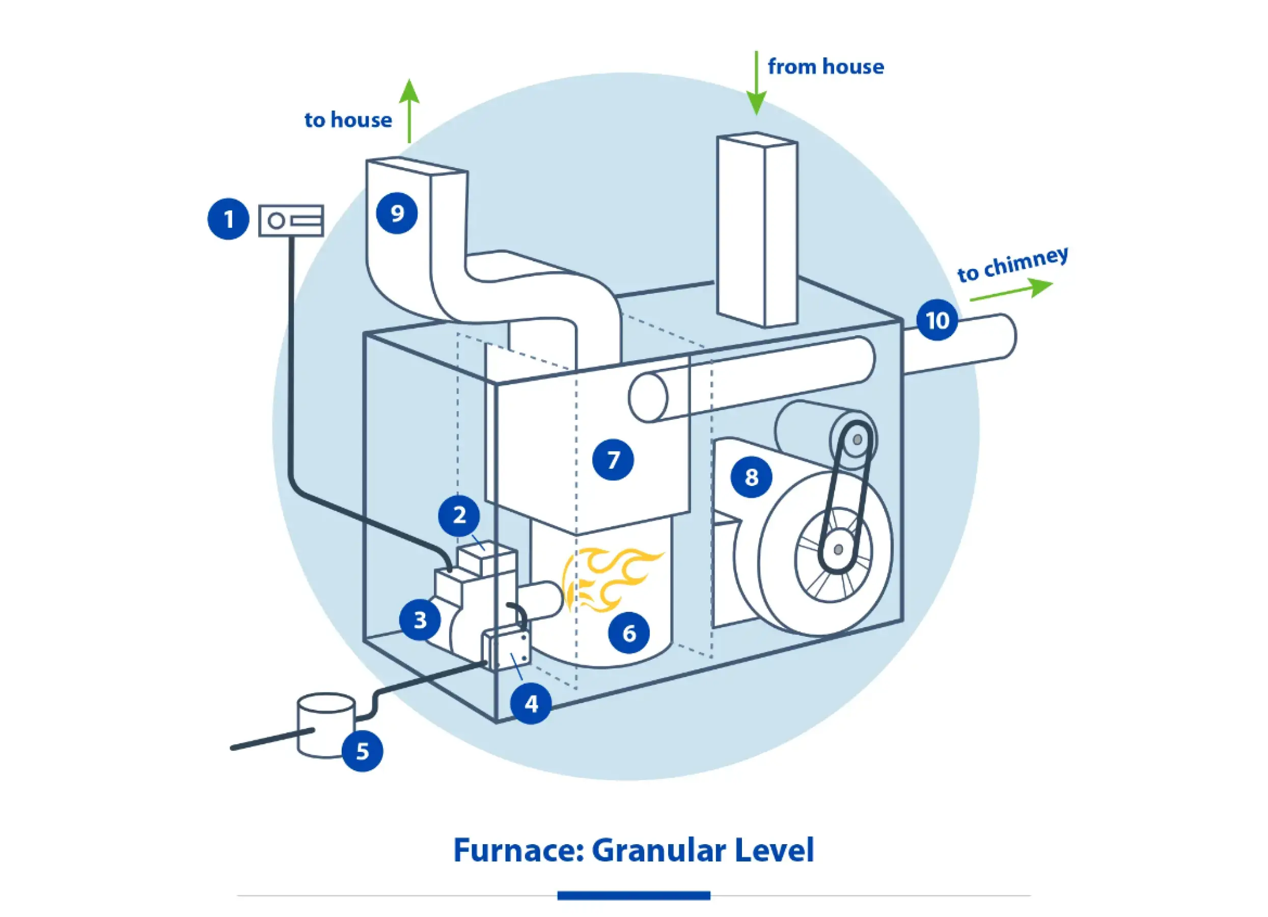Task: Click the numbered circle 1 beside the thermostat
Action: pos(228,219)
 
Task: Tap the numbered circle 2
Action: pos(459,515)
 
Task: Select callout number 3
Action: pos(420,620)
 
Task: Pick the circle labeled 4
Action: pos(531,704)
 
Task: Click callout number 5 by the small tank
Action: pos(362,751)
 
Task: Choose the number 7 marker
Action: pos(613,460)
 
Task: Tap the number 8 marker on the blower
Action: pos(752,477)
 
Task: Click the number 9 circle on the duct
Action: pos(397,213)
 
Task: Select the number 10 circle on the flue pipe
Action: pos(937,320)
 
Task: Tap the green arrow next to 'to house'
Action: pos(409,111)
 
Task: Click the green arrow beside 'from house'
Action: pos(756,84)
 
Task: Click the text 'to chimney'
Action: pos(1012,264)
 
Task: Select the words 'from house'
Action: pos(826,67)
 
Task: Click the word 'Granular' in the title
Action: pos(658,850)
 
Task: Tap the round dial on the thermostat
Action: pos(276,221)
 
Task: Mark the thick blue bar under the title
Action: pos(633,896)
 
